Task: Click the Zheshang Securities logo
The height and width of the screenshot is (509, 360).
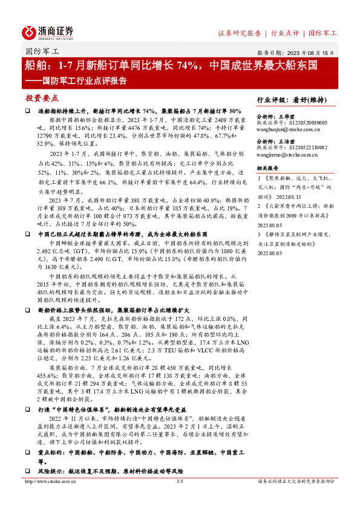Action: (48, 31)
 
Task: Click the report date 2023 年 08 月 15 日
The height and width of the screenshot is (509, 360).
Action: (309, 52)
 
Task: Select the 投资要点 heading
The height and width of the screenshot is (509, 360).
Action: (42, 97)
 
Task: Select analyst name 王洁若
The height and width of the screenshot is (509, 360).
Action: (284, 143)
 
